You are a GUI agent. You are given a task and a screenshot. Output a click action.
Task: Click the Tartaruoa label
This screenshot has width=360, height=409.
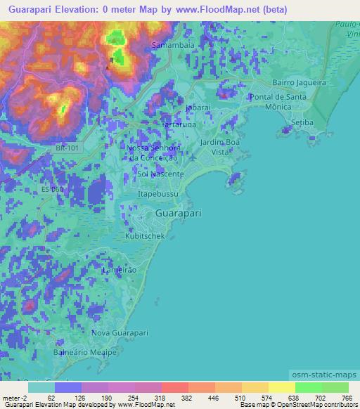click(x=179, y=124)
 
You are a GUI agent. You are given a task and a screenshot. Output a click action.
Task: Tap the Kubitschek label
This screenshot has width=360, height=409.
click(x=145, y=236)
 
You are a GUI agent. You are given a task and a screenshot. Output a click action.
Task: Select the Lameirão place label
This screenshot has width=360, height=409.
click(x=120, y=270)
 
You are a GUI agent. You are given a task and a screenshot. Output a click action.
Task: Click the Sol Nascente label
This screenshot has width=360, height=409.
click(x=161, y=174)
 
